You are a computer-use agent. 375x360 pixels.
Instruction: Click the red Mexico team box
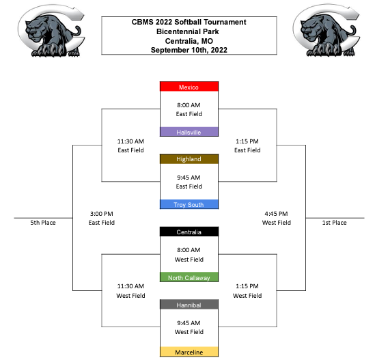point(189,87)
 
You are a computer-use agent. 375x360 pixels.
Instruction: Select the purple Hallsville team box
point(189,132)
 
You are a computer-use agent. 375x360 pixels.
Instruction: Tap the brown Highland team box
point(189,159)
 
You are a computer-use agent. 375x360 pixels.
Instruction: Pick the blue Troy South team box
point(189,204)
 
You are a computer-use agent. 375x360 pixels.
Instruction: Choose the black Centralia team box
point(189,232)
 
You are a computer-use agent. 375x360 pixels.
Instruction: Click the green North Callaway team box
point(189,277)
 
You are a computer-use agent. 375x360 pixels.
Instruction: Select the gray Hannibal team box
point(189,305)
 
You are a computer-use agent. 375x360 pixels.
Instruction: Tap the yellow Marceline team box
point(189,352)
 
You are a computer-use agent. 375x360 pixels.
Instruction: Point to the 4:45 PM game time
point(276,214)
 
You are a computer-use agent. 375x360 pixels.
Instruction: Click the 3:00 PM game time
point(101,214)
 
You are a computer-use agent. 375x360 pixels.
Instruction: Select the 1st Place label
point(334,223)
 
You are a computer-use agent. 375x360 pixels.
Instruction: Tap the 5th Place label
point(43,223)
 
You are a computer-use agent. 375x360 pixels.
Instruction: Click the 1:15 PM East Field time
point(247,141)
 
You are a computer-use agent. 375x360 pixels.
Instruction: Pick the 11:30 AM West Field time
point(130,286)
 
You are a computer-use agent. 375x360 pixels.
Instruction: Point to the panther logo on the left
point(51,31)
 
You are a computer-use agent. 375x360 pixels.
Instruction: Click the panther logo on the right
point(327,30)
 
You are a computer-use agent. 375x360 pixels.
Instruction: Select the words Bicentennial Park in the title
point(188,31)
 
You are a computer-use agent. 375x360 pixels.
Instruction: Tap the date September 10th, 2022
point(189,50)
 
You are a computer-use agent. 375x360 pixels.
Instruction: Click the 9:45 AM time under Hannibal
point(189,323)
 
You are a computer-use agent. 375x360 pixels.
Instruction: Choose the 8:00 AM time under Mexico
point(189,105)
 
